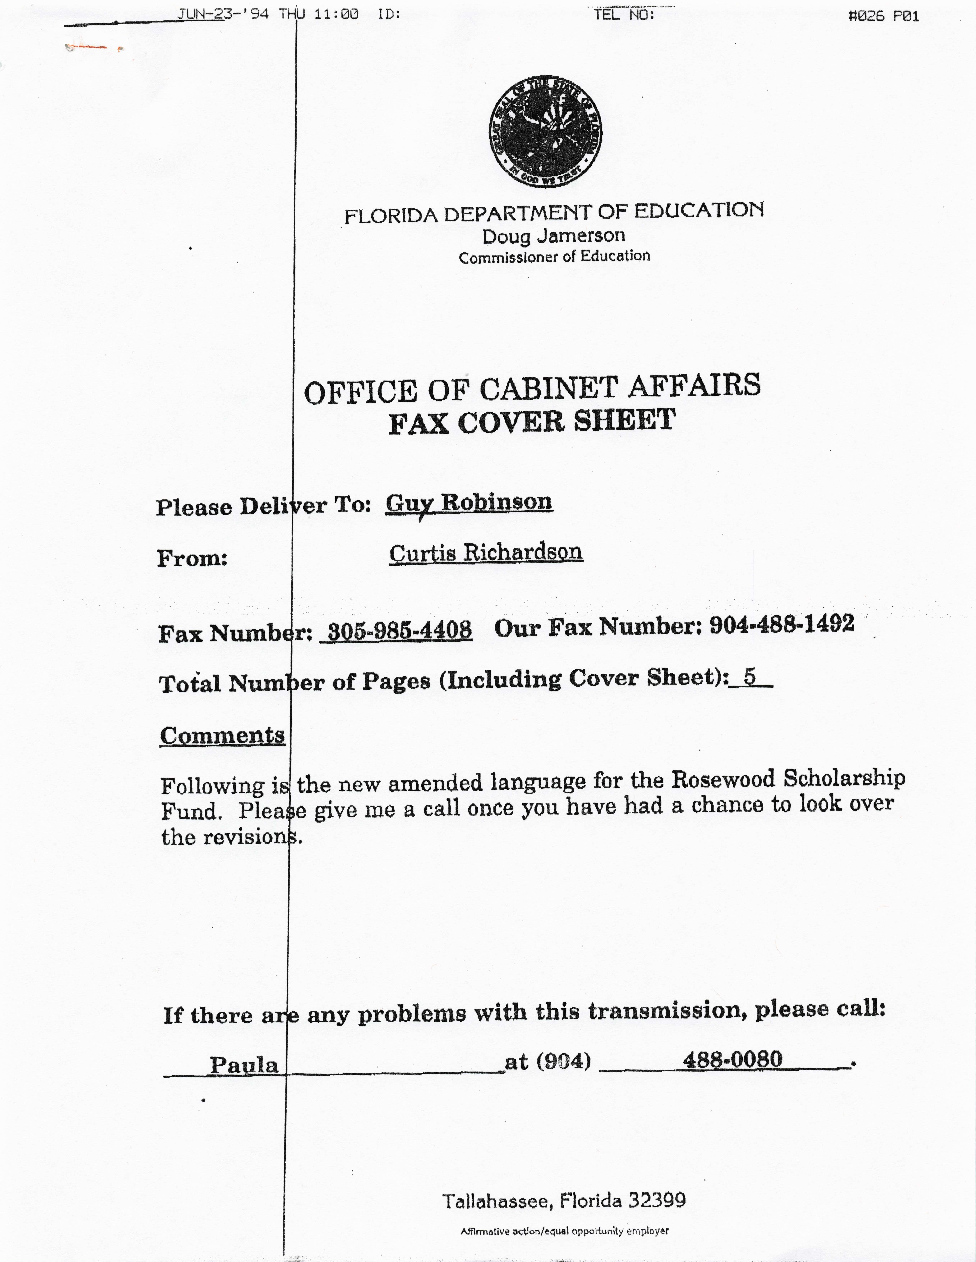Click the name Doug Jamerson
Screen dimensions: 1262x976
tap(554, 236)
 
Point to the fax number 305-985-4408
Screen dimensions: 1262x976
tap(399, 630)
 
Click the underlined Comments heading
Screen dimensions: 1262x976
tap(223, 736)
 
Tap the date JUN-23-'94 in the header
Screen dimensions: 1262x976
tap(223, 13)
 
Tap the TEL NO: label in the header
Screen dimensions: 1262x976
tap(624, 14)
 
